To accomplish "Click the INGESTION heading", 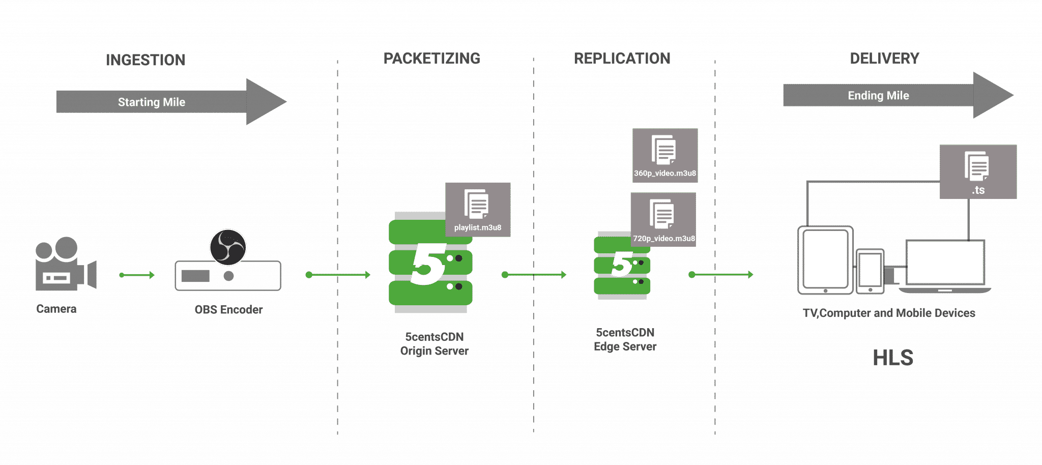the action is pyautogui.click(x=146, y=60).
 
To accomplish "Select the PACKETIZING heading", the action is pyautogui.click(x=431, y=59).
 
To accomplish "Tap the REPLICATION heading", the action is pyautogui.click(x=622, y=59).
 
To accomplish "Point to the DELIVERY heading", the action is pyautogui.click(x=884, y=59).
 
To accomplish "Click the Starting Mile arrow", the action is pyautogui.click(x=171, y=102).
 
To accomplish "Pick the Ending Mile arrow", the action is pyautogui.click(x=898, y=95).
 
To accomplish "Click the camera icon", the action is pyautogui.click(x=66, y=264).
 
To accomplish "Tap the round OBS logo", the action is pyautogui.click(x=228, y=247).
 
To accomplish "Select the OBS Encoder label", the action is pyautogui.click(x=228, y=310).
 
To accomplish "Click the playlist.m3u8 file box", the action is pyautogui.click(x=478, y=210).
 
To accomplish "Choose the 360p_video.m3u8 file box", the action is pyautogui.click(x=665, y=155).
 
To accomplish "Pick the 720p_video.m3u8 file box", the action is pyautogui.click(x=663, y=219).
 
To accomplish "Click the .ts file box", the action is pyautogui.click(x=978, y=171).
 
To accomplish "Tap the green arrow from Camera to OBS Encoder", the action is pyautogui.click(x=137, y=275).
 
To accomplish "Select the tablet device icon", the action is pyautogui.click(x=825, y=260).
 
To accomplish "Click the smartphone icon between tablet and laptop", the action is pyautogui.click(x=870, y=271).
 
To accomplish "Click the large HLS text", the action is pyautogui.click(x=893, y=358).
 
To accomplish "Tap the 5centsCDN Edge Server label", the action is pyautogui.click(x=625, y=339).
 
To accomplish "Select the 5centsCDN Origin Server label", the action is pyautogui.click(x=434, y=344).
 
